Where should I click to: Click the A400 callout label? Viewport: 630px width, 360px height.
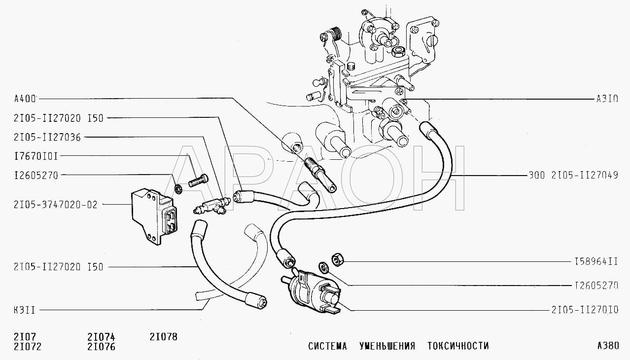tap(25, 99)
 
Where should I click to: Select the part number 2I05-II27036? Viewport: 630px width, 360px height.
tap(47, 138)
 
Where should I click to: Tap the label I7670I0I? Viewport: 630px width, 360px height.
tap(36, 156)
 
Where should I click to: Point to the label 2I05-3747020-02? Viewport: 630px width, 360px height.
tap(56, 205)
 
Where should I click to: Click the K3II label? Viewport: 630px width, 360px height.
tap(25, 310)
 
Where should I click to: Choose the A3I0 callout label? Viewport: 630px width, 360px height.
tap(607, 99)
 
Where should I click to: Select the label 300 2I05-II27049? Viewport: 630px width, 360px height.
tap(573, 175)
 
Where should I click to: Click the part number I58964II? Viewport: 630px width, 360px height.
tap(596, 262)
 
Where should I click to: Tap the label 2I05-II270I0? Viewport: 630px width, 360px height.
tap(585, 310)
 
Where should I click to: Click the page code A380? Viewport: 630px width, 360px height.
tap(608, 346)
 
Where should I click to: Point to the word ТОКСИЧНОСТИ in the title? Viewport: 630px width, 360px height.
tap(458, 346)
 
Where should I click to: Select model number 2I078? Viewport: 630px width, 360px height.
tap(163, 337)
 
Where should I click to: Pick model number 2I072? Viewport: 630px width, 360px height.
tap(28, 347)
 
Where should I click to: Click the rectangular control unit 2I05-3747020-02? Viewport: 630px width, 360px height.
tap(153, 216)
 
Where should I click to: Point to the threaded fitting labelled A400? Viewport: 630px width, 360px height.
tap(320, 175)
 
